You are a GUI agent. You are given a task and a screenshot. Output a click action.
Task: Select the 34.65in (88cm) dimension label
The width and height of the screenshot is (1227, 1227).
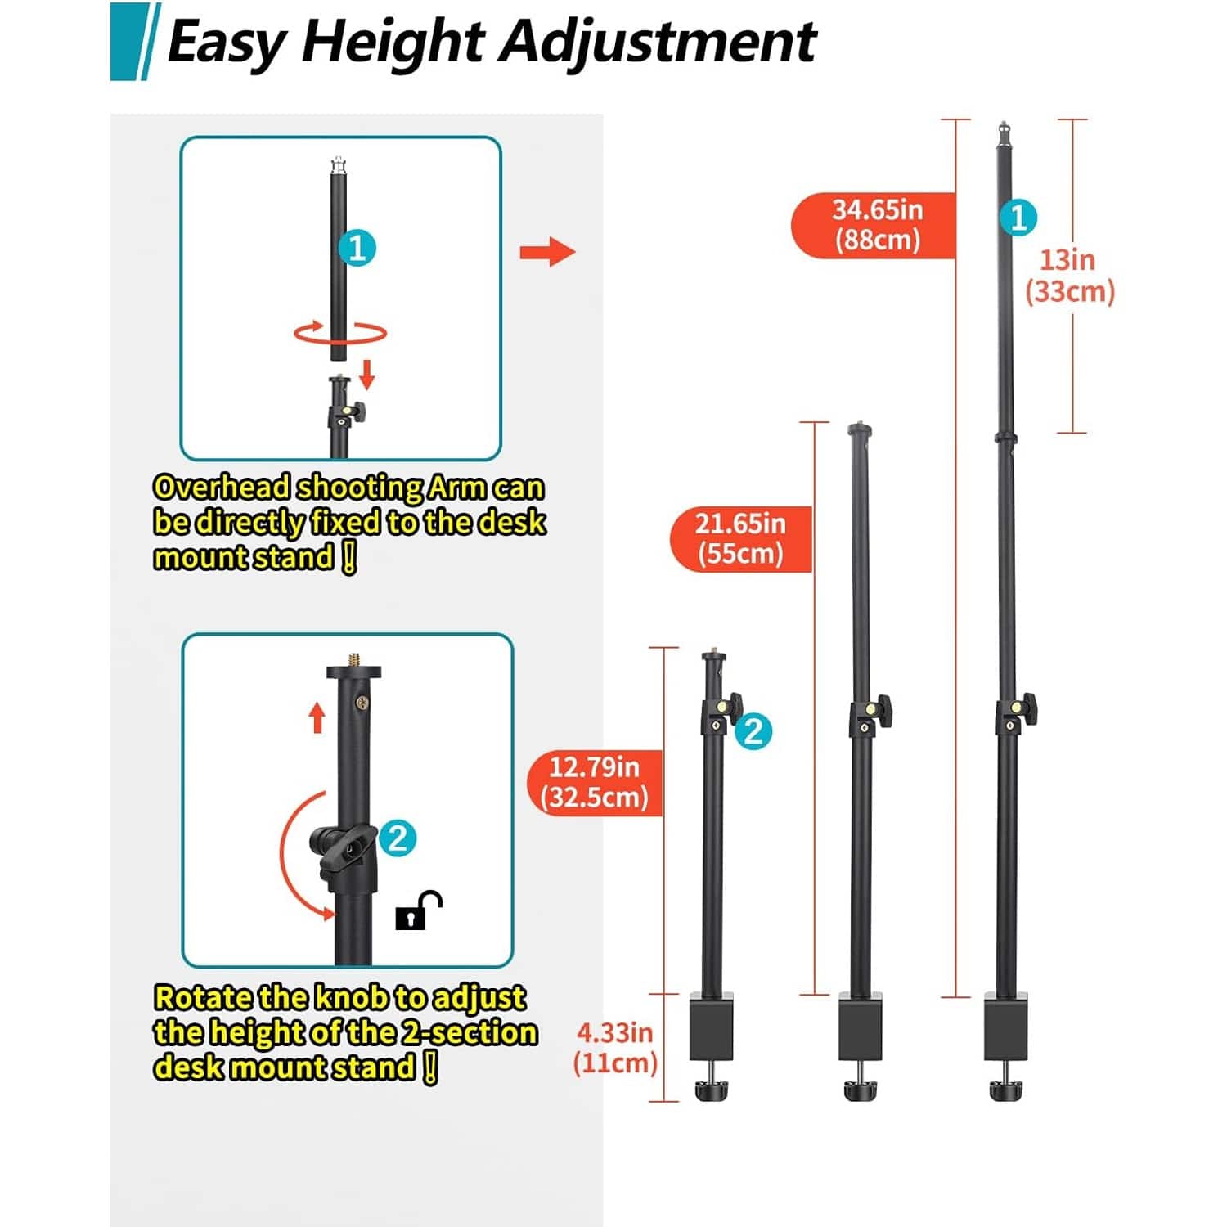pos(874,225)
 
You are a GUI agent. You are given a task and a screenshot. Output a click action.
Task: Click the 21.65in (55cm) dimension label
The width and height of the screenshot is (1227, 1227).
pos(741,538)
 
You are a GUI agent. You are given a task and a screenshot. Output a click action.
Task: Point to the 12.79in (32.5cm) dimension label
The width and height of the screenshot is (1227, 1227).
pos(595,783)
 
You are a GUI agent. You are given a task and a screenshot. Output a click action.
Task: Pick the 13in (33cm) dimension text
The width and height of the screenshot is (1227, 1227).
pos(1070,276)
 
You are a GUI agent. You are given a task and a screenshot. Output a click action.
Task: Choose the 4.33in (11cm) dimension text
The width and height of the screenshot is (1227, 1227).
pos(615,1048)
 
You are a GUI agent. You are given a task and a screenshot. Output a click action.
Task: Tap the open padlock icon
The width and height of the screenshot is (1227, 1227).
pos(418,910)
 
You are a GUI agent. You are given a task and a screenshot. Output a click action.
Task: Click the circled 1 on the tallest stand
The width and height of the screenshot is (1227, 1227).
pos(1018,218)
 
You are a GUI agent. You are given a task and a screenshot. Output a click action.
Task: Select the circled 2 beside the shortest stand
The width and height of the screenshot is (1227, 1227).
pos(753,730)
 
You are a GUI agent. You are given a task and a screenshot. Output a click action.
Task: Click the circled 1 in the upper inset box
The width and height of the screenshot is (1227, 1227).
pos(357,248)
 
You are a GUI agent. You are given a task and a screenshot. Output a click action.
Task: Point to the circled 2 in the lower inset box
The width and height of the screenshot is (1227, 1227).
pos(398,838)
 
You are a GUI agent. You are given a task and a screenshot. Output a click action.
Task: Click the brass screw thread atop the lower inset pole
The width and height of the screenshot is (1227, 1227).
pos(354,658)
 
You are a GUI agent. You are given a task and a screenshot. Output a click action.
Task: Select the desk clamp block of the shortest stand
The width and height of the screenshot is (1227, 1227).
pos(712,1027)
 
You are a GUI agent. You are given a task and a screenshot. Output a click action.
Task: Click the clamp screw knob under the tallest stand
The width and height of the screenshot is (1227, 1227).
pos(1005,1089)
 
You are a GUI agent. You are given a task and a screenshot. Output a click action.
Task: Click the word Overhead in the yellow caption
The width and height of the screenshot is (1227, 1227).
pos(222,488)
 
